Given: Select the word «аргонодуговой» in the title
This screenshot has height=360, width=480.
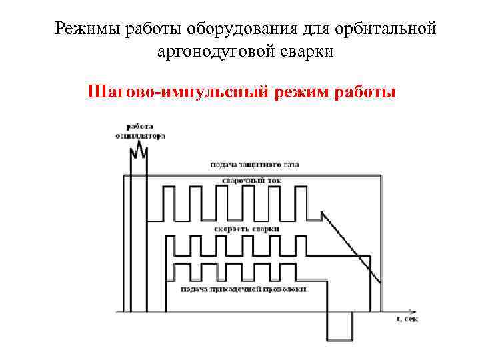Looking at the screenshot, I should (210, 51).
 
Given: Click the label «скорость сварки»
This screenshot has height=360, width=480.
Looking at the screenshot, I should (247, 229).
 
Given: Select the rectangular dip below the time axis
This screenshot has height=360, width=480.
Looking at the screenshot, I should (339, 327).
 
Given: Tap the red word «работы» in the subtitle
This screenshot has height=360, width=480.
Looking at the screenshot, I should (363, 90).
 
